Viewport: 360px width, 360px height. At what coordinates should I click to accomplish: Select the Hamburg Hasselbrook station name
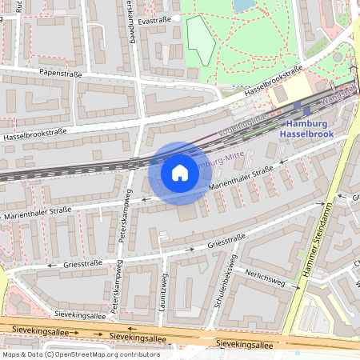tap(306, 129)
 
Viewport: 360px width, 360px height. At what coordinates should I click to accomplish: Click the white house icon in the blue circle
tap(180, 172)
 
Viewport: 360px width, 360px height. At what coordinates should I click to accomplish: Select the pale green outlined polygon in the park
tap(201, 40)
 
